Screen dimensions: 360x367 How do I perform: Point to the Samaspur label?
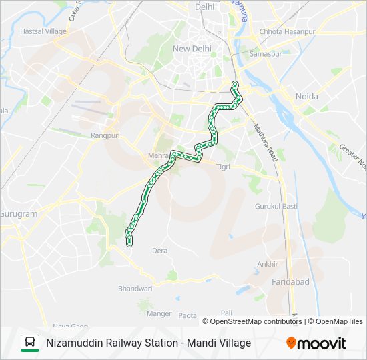[262, 53]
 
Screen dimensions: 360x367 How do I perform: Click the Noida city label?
[307, 97]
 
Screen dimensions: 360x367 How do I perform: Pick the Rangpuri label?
[103, 135]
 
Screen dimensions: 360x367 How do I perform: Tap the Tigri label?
[224, 167]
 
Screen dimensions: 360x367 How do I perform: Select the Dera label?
[160, 251]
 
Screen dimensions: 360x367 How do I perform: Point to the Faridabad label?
[290, 282]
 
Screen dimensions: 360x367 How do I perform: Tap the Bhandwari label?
[135, 289]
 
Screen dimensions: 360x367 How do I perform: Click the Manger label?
[159, 313]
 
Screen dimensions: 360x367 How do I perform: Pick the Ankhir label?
[268, 264]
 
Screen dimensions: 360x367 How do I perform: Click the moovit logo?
[316, 343]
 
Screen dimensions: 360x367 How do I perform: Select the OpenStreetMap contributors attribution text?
[256, 321]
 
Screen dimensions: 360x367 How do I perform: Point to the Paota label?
[188, 315]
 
